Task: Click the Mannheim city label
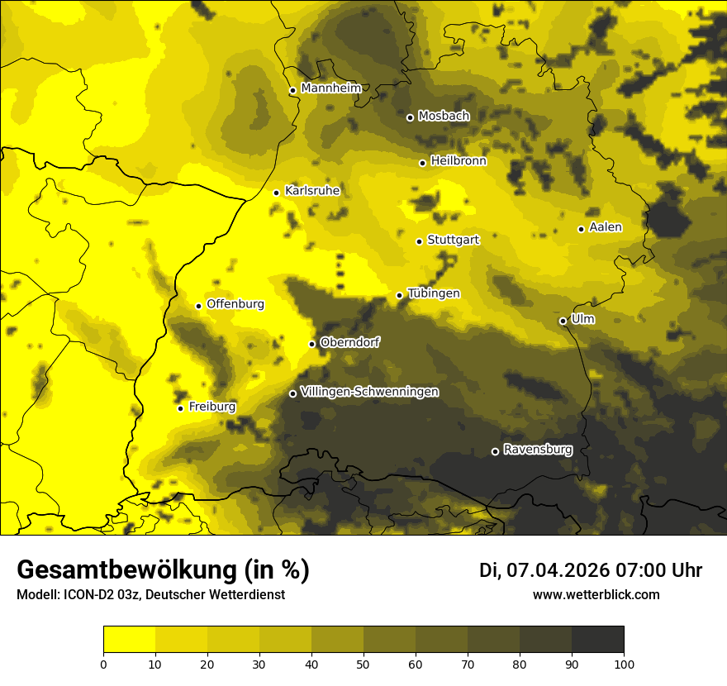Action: (331, 88)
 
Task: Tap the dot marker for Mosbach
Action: (410, 117)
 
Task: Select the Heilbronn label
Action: (459, 161)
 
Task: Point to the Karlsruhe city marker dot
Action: (277, 193)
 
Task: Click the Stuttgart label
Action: (454, 240)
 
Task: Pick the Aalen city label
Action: (606, 227)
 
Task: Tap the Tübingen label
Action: (434, 293)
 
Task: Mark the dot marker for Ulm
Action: (563, 321)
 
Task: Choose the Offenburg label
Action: (235, 304)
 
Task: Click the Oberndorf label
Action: (350, 342)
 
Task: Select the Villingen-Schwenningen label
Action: (369, 392)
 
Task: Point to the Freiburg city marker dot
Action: (180, 408)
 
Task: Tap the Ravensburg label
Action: (538, 450)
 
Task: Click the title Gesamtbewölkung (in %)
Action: (163, 570)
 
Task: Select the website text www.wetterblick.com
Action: (596, 594)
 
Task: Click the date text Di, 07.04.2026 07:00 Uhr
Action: (590, 570)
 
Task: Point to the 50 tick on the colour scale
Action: (363, 663)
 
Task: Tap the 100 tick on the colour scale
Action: (624, 663)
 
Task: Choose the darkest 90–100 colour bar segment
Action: (597, 640)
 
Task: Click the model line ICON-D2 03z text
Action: (150, 595)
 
